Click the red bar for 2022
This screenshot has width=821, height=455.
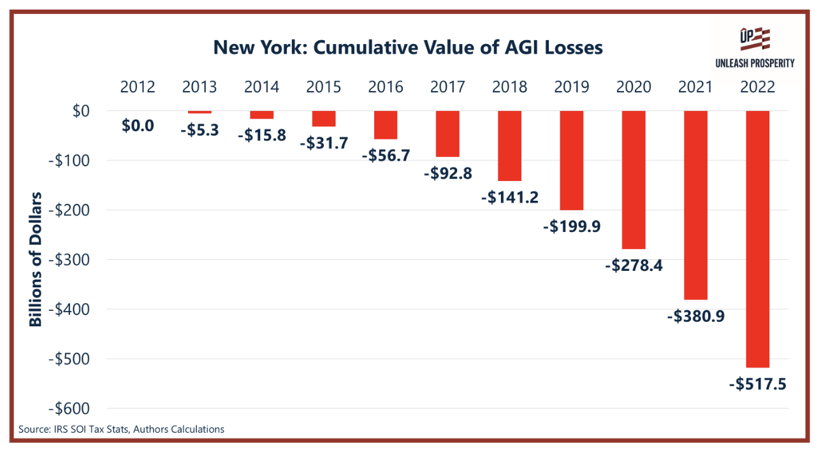pos(757,239)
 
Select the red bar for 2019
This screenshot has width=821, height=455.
pos(571,161)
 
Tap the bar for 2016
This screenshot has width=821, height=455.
pos(386,125)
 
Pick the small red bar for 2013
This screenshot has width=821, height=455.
pos(200,112)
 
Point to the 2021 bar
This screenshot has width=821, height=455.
pos(695,205)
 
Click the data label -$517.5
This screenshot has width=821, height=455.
pos(757,385)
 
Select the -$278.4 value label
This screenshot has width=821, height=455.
pos(634,265)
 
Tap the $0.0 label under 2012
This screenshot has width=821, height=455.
pos(138,126)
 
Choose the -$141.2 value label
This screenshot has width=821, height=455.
pos(509,198)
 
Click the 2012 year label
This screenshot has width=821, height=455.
pos(138,87)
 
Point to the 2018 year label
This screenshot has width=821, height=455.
pos(509,87)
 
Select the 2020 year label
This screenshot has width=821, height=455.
pos(634,87)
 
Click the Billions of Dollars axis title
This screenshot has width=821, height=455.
pos(36,259)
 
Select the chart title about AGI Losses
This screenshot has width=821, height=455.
pos(408,47)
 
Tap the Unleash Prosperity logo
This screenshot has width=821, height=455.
pos(754,47)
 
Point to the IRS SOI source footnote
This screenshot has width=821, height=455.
pos(121,430)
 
